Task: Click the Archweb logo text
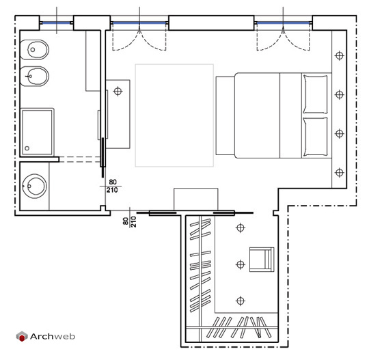pos(53,336)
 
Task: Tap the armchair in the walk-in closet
pos(262,260)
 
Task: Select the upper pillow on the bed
pos(315,94)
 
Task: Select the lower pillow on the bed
pos(315,137)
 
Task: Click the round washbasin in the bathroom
pos(34,186)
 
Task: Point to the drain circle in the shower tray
pos(27,148)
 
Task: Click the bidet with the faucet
pos(34,77)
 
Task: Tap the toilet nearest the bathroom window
pos(34,50)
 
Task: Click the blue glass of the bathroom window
pos(57,23)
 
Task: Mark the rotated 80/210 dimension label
pos(129,221)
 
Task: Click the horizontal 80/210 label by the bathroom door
pos(112,186)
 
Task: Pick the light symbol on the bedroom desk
pos(118,92)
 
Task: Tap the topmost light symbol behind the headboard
pos(339,56)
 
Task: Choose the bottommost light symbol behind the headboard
pos(339,172)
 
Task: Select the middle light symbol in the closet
pos(241,264)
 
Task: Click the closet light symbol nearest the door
pos(241,227)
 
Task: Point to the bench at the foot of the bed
pos(225,115)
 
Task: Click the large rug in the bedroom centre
pos(174,115)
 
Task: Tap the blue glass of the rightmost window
pos(283,23)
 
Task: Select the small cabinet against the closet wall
pos(196,199)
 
